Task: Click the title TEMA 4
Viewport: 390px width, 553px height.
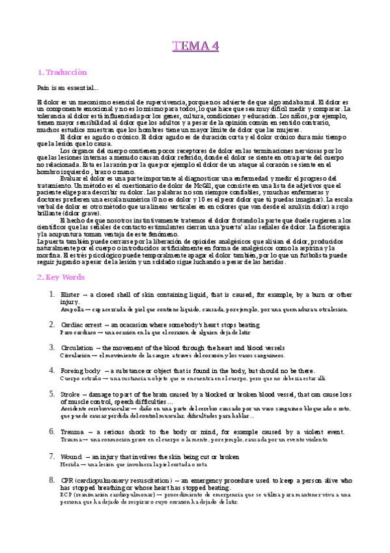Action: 195,46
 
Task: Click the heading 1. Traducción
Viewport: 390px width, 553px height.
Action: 63,72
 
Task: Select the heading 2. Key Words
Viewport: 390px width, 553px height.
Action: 61,277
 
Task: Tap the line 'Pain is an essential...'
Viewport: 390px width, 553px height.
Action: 68,87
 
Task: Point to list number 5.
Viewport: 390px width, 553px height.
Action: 51,394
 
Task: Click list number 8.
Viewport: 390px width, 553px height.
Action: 51,480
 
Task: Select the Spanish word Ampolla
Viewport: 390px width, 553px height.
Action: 72,310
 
